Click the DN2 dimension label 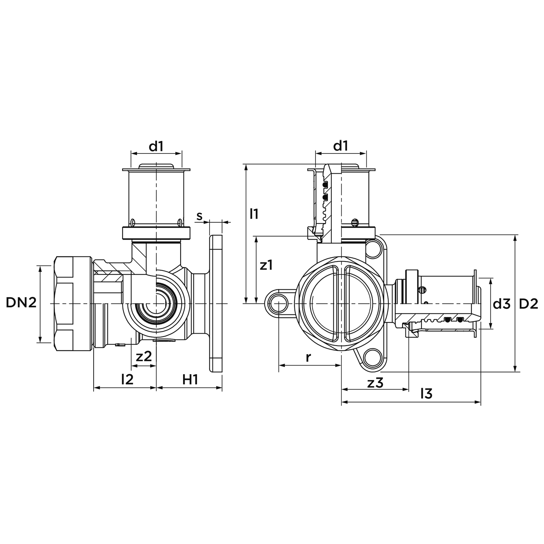[21, 303]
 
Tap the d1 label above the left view [156, 146]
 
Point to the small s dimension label [199, 216]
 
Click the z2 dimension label [144, 357]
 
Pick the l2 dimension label [127, 379]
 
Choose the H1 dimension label [190, 380]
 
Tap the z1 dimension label [266, 265]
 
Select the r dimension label [308, 357]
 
